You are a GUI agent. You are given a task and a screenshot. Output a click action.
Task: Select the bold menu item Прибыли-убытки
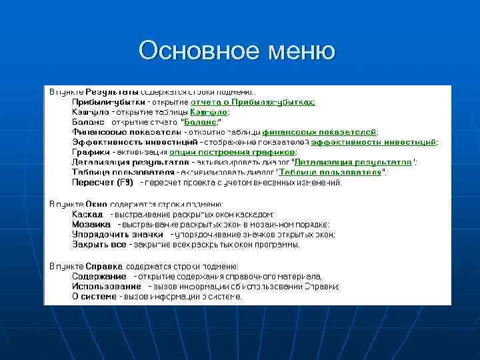pos(108,102)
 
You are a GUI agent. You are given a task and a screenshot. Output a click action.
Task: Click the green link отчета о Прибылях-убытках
pos(253,102)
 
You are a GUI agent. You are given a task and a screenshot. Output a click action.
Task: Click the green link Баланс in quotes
pos(199,122)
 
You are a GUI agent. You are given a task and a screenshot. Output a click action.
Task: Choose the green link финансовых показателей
pos(319,132)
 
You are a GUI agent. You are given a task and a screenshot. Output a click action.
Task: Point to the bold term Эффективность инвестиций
pos(131,142)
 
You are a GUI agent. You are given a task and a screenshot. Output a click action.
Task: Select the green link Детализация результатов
pos(353,162)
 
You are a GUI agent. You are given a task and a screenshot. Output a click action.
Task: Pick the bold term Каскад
pos(87,215)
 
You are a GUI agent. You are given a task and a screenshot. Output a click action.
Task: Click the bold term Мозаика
pos(91,225)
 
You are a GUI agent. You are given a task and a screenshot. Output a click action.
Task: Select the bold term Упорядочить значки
pos(117,235)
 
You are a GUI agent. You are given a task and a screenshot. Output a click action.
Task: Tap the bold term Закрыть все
pos(99,245)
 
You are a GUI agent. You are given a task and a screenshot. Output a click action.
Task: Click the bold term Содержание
pos(99,276)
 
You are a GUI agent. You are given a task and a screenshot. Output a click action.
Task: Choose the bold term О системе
pos(94,296)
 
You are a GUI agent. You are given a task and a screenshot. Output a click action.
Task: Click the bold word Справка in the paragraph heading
pos(104,266)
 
